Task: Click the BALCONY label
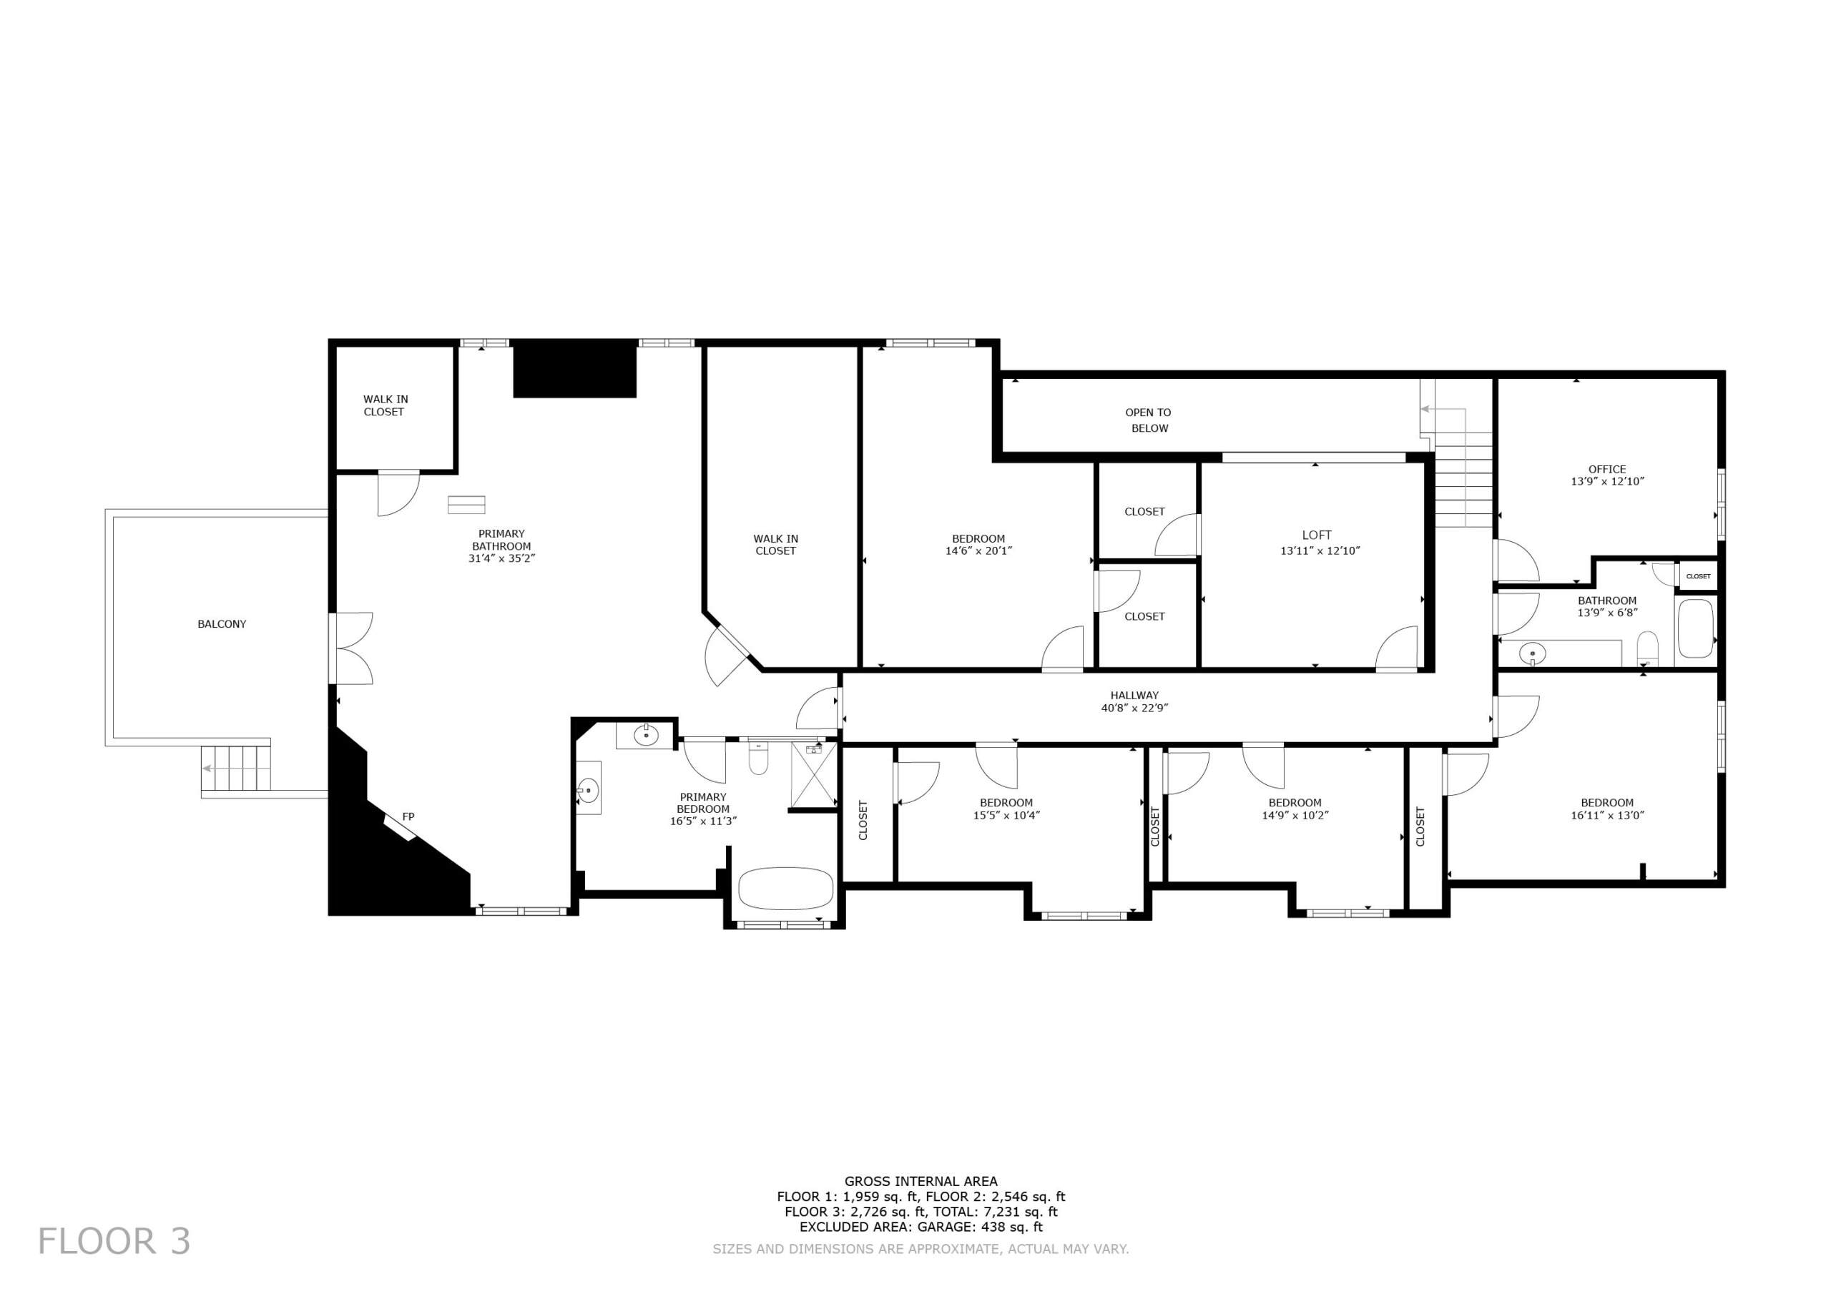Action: (222, 624)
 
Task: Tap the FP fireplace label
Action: (408, 816)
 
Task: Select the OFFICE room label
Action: (1607, 470)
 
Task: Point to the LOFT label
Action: (1317, 535)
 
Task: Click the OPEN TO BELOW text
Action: (1149, 420)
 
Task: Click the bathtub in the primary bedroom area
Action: (785, 888)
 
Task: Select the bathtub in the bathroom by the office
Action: (1695, 628)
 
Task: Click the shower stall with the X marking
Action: (813, 774)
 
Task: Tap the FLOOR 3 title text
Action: (114, 1241)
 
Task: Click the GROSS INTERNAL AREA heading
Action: (921, 1181)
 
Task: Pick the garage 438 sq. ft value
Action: (1008, 1227)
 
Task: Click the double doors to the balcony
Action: (352, 648)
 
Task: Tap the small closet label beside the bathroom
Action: (1698, 576)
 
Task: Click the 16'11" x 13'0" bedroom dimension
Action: (1607, 816)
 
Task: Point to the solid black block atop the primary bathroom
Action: (575, 368)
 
